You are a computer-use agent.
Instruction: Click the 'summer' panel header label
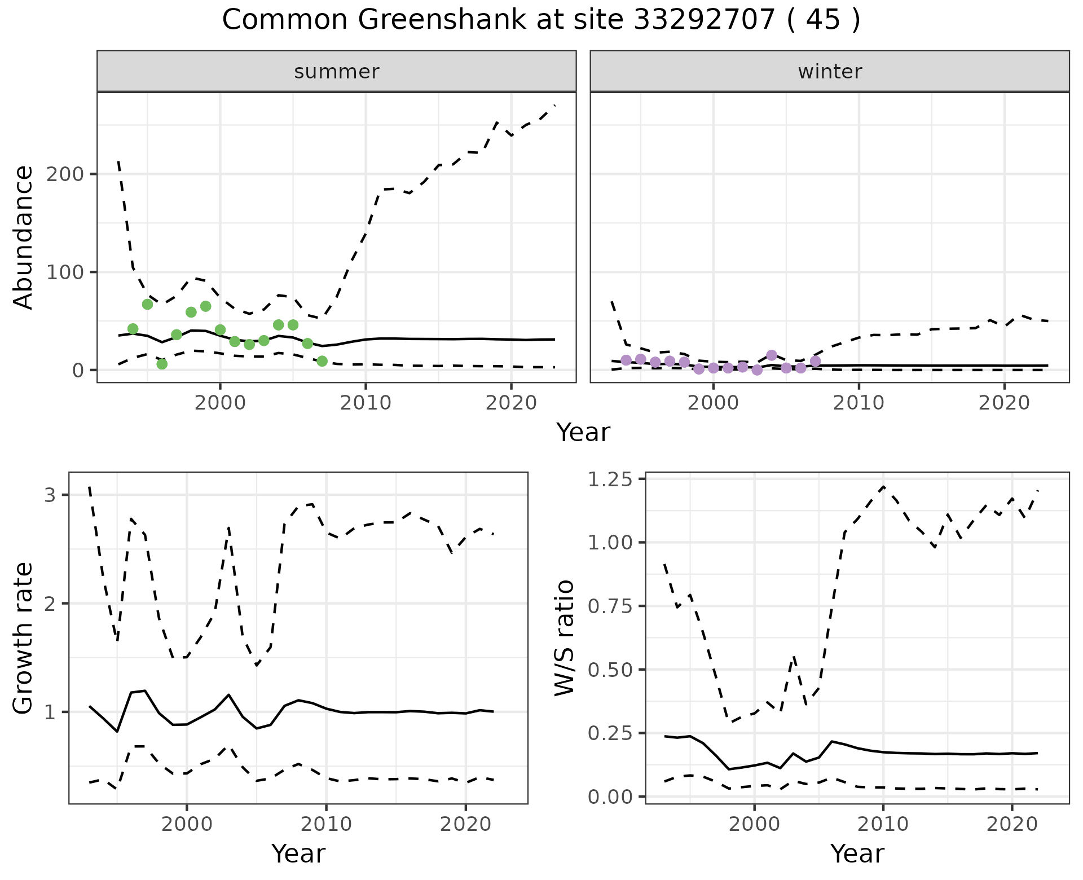[x=337, y=72]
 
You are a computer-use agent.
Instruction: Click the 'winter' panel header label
[x=830, y=72]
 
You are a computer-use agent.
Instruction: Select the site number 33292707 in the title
[x=705, y=20]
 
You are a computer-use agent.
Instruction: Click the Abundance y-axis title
[x=24, y=237]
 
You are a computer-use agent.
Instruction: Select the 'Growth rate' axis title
[x=24, y=638]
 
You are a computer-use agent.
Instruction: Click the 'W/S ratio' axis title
[x=564, y=638]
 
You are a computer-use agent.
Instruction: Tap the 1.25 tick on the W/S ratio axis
[x=610, y=479]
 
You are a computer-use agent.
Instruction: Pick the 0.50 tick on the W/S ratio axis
[x=610, y=670]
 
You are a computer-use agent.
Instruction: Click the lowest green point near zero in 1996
[x=162, y=364]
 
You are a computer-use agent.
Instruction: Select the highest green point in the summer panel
[x=148, y=304]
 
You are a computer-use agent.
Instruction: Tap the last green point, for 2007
[x=322, y=361]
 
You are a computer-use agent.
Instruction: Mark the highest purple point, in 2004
[x=772, y=355]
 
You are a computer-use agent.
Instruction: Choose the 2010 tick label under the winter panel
[x=859, y=403]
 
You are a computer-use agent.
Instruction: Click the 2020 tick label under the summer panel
[x=510, y=403]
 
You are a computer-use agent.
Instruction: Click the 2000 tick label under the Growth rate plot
[x=187, y=824]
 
